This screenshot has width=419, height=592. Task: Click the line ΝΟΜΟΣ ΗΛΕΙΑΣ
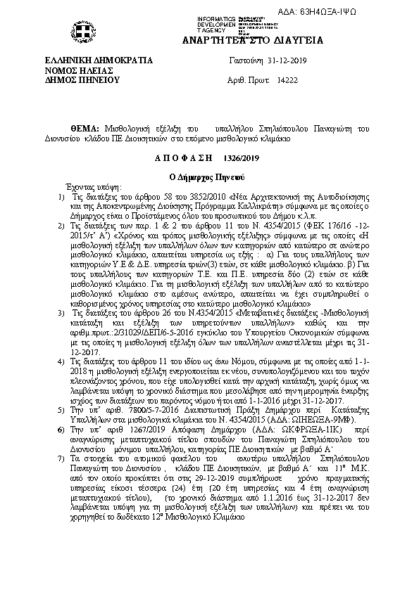[75, 71]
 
